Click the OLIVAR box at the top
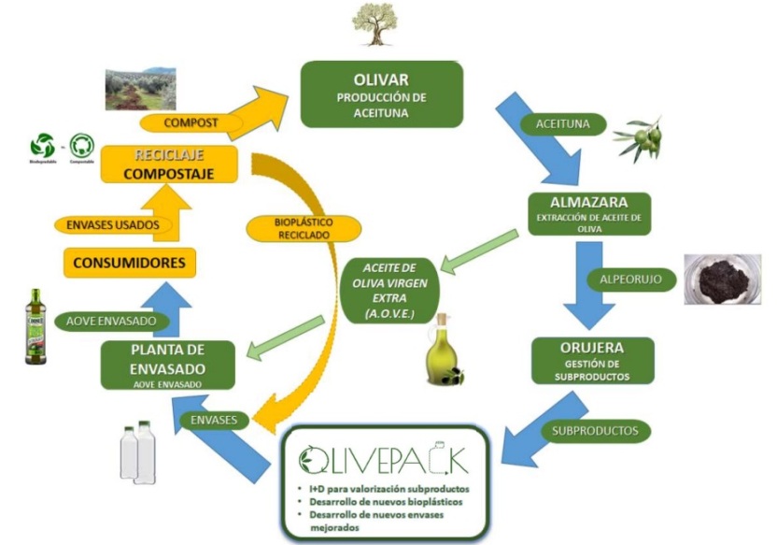click(x=381, y=94)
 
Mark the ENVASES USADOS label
click(x=113, y=224)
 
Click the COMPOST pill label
click(x=191, y=122)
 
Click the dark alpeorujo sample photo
click(x=724, y=278)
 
